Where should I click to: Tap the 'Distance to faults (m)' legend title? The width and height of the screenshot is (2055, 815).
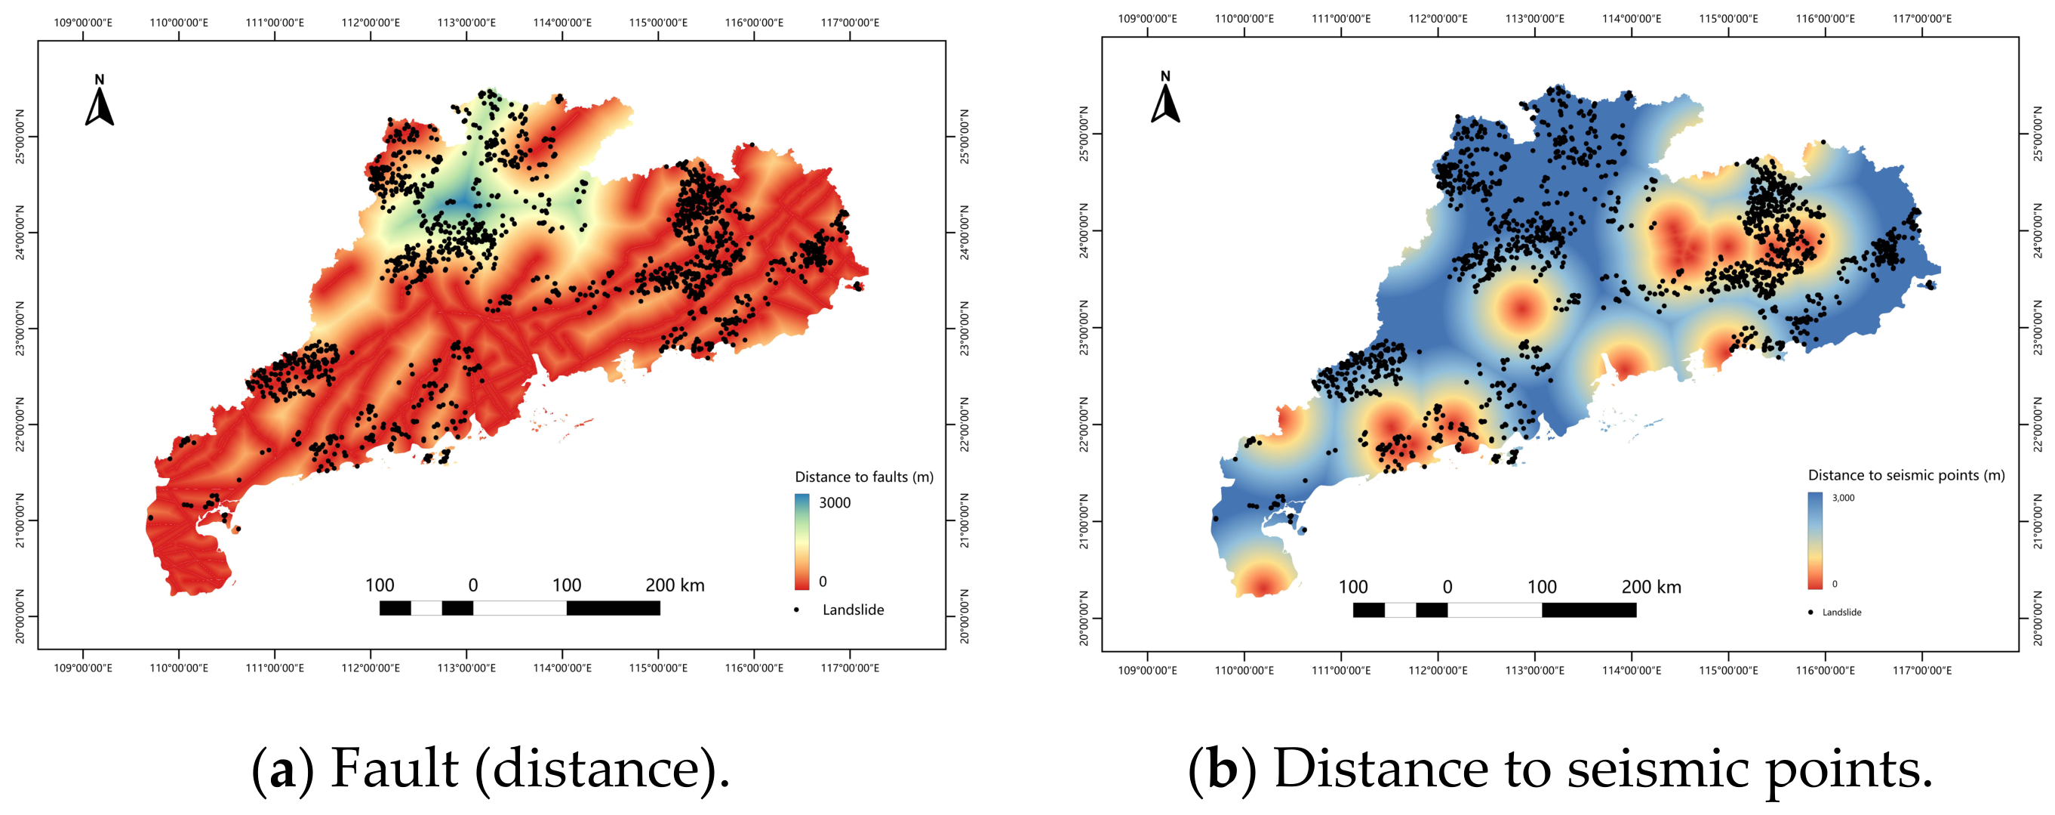pyautogui.click(x=864, y=477)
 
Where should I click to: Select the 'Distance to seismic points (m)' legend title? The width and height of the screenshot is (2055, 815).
pyautogui.click(x=1906, y=475)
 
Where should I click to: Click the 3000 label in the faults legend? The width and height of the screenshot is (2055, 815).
pyautogui.click(x=835, y=503)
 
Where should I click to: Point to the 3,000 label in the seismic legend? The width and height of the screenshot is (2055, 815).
pyautogui.click(x=1844, y=497)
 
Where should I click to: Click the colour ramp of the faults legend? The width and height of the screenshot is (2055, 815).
pyautogui.click(x=801, y=542)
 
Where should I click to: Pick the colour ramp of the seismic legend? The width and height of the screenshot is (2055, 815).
pyautogui.click(x=1815, y=540)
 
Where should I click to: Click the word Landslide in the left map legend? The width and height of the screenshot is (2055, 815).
pyautogui.click(x=853, y=610)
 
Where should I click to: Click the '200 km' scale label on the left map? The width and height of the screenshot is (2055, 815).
pyautogui.click(x=675, y=585)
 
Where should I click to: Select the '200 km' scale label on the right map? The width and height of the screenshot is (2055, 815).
pyautogui.click(x=1651, y=587)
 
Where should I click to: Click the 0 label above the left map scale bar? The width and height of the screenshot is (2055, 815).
pyautogui.click(x=473, y=585)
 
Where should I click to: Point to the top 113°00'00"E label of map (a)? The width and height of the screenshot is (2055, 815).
pyautogui.click(x=466, y=23)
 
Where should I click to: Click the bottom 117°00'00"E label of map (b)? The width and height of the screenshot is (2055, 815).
pyautogui.click(x=1923, y=671)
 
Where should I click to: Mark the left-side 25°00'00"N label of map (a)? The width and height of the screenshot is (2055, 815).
pyautogui.click(x=20, y=137)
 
